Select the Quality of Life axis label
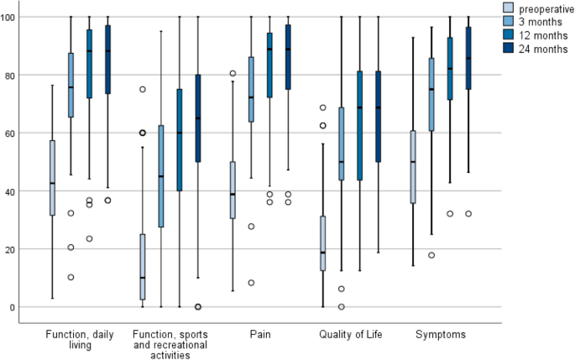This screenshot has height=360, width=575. [x=351, y=336]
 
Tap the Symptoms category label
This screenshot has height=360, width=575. [x=441, y=336]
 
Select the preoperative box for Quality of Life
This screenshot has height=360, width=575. [x=323, y=243]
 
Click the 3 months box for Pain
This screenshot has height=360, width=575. [x=251, y=90]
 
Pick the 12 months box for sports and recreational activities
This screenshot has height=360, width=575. [x=180, y=140]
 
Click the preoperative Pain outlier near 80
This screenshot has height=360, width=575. [x=232, y=74]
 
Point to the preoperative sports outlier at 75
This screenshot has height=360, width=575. [x=143, y=89]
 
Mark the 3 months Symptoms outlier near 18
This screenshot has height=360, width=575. [x=431, y=255]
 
